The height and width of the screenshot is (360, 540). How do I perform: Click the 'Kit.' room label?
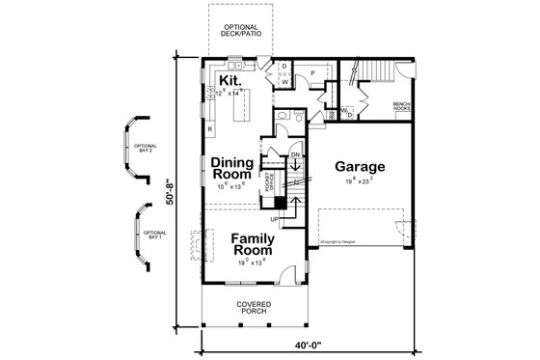[x=229, y=79]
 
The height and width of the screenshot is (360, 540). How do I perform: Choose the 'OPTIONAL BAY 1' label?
[x=155, y=235]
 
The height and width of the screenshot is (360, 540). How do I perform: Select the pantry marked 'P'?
[x=314, y=74]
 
